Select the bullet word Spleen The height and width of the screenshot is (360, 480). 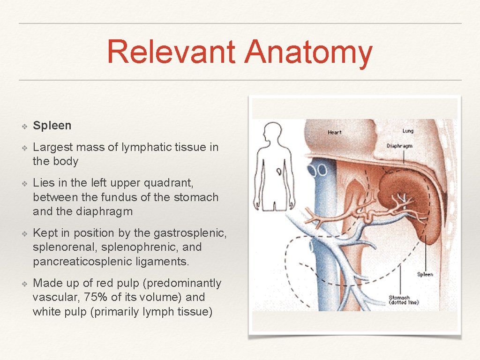pos(52,126)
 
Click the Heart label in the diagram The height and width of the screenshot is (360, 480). pos(335,133)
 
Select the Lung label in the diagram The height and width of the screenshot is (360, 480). pos(408,131)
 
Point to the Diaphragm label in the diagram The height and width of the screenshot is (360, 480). pos(400,146)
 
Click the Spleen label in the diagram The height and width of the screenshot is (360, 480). pos(425,274)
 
